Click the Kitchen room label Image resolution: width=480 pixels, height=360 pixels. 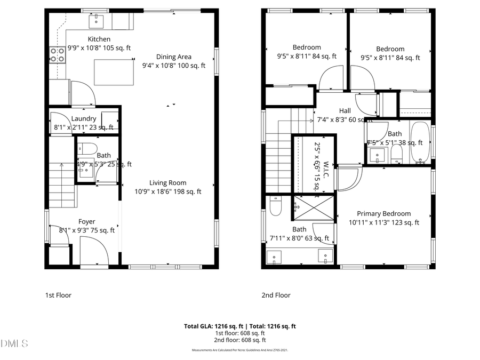99,39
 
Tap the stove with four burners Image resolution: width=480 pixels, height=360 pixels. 58,54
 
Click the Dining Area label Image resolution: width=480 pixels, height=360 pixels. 173,57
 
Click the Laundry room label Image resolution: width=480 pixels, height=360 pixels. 83,118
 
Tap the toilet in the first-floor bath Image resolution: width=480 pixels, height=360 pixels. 89,148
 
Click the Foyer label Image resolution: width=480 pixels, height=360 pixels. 86,221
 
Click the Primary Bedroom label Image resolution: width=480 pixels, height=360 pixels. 383,213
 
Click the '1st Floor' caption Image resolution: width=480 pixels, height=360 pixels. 58,295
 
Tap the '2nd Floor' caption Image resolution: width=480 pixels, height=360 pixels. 276,295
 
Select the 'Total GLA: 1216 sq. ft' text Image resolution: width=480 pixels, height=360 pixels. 212,326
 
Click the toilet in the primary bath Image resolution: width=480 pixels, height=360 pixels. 275,206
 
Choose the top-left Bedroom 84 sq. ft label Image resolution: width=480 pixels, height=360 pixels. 307,47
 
